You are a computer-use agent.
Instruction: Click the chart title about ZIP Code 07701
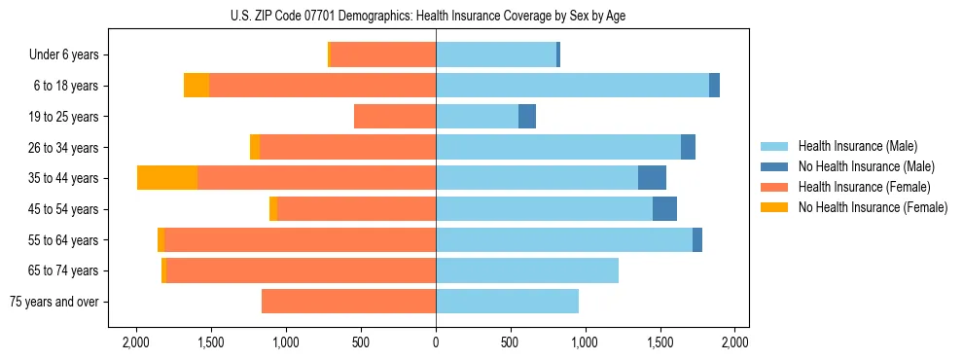pyautogui.click(x=436, y=15)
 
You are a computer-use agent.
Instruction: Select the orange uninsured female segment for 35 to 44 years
pyautogui.click(x=167, y=177)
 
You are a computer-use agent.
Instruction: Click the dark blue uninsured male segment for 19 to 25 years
pyautogui.click(x=527, y=116)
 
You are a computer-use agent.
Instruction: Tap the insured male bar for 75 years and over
pyautogui.click(x=507, y=301)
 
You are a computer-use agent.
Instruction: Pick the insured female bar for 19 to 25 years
pyautogui.click(x=395, y=116)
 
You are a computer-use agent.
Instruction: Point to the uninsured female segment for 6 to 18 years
pyautogui.click(x=196, y=85)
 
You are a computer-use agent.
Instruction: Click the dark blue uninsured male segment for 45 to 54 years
pyautogui.click(x=664, y=208)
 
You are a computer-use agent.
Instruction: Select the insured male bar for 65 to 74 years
pyautogui.click(x=527, y=270)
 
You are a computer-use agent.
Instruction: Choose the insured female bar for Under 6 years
pyautogui.click(x=383, y=54)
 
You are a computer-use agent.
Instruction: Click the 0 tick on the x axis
pyautogui.click(x=436, y=342)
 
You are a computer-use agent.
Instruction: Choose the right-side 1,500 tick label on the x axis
pyautogui.click(x=660, y=342)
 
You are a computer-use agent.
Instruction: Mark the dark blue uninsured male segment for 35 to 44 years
pyautogui.click(x=652, y=177)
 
